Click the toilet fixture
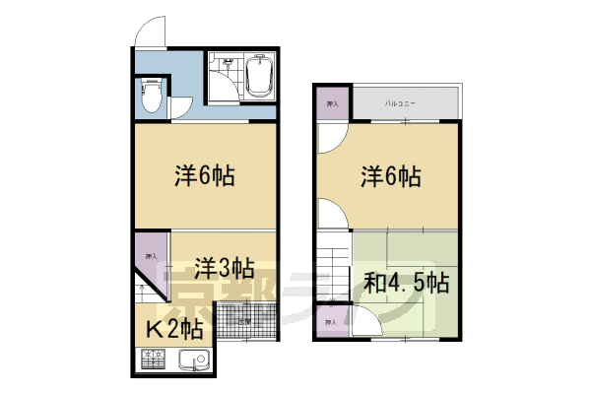151,95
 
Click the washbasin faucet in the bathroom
227,61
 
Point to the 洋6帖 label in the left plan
204,177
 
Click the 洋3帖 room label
224,267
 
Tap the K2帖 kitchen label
175,328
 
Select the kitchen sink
189,362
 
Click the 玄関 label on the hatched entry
242,321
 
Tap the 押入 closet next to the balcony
332,102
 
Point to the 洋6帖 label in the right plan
390,177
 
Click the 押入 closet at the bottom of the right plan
333,322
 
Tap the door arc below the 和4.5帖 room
366,322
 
